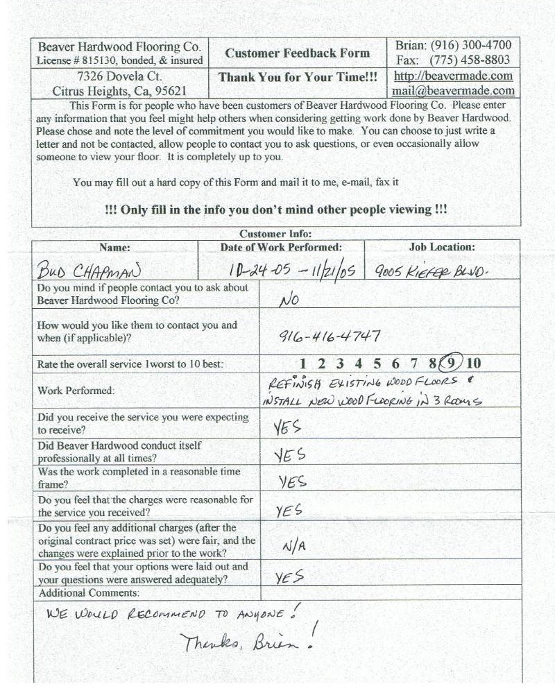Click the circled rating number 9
pos(452,363)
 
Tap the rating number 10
pos(473,363)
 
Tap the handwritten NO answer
pos(289,300)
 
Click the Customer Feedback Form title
pos(298,53)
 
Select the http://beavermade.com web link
pos(453,76)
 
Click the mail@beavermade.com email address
pos(453,90)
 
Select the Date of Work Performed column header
pos(281,247)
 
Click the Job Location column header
pos(442,247)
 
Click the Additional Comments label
pos(89,593)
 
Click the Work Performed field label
pos(76,391)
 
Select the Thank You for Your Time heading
pos(298,78)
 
